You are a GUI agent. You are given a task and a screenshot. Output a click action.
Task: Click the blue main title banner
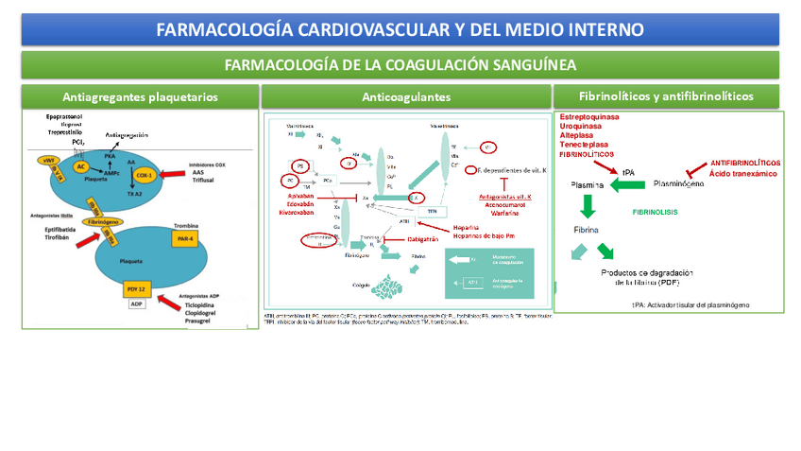coord(400,29)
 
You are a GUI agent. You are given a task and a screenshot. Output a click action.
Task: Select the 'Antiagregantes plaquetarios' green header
coord(140,96)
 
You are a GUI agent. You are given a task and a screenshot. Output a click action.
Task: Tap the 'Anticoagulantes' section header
coord(406,96)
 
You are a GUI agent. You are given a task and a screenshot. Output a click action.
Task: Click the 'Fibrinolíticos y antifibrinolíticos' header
coord(666,96)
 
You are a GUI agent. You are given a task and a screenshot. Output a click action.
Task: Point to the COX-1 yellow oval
coord(144,175)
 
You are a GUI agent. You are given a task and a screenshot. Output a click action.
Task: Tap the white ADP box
coord(138,304)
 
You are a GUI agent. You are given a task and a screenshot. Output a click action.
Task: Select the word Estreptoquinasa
coord(589,116)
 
